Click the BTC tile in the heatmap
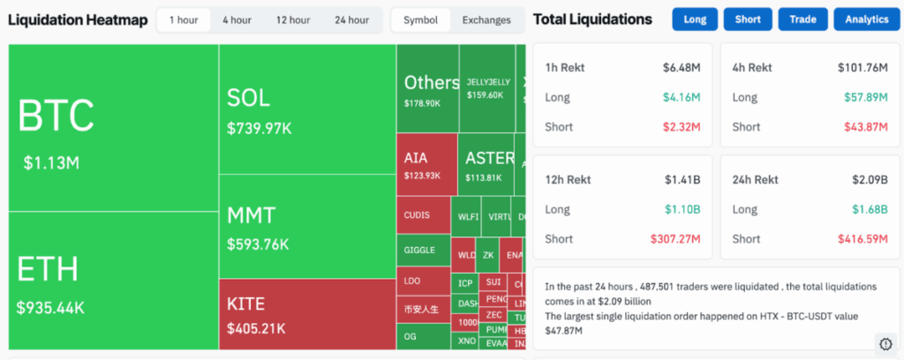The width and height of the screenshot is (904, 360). pyautogui.click(x=113, y=128)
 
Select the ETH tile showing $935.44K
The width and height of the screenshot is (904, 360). pyautogui.click(x=113, y=281)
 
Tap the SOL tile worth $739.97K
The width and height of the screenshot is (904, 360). pyautogui.click(x=306, y=109)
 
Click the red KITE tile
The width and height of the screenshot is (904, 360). pyautogui.click(x=306, y=314)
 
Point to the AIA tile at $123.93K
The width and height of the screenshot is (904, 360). pyautogui.click(x=426, y=164)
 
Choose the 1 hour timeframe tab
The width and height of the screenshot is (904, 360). pyautogui.click(x=184, y=19)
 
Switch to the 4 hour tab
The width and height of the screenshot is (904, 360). pyautogui.click(x=237, y=19)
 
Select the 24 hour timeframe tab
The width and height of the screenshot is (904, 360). pyautogui.click(x=351, y=19)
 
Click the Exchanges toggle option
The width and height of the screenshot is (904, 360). pyautogui.click(x=486, y=19)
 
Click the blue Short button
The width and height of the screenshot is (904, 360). pyautogui.click(x=747, y=19)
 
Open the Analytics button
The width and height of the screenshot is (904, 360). pyautogui.click(x=866, y=19)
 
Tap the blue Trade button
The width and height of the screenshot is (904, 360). pyautogui.click(x=802, y=19)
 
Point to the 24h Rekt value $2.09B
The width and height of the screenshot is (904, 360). pyautogui.click(x=870, y=179)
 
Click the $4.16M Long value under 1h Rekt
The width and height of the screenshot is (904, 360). pyautogui.click(x=682, y=97)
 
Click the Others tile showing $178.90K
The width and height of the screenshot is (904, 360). pyautogui.click(x=427, y=88)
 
